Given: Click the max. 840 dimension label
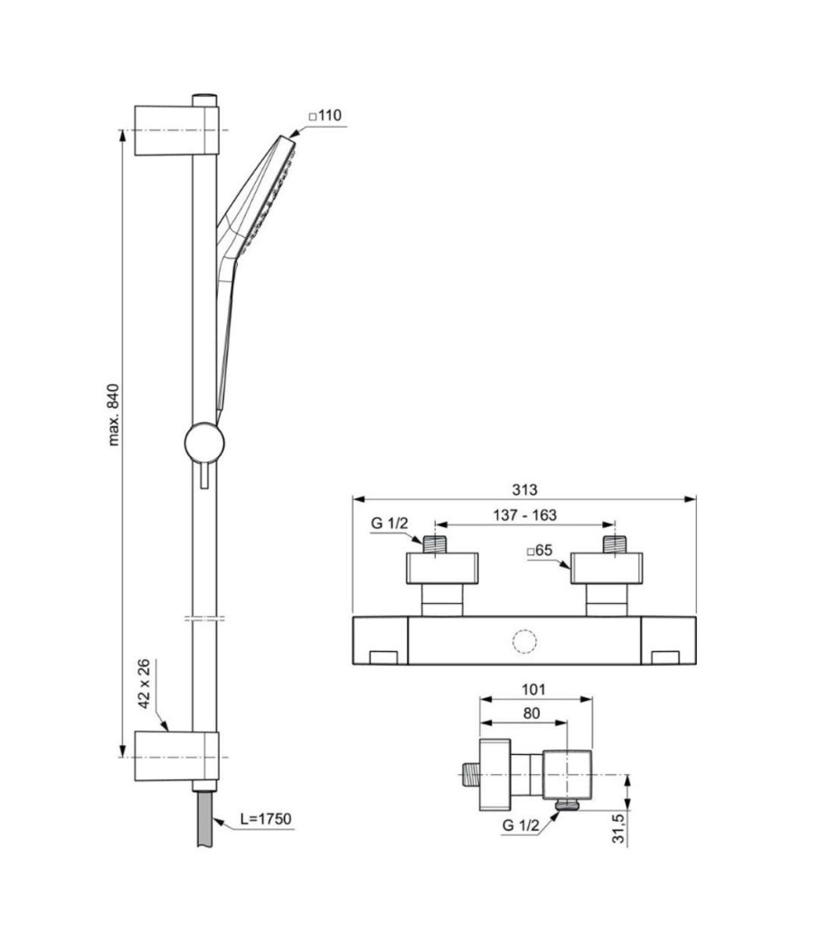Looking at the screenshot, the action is pos(114,414).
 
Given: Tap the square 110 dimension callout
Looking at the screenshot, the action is pos(325,115).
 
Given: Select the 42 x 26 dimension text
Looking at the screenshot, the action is pos(144,684).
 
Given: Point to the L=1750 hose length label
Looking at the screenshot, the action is pos(266,818).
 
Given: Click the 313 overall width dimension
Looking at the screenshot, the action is pos(524,489).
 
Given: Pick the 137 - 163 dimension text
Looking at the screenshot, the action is pos(525,515).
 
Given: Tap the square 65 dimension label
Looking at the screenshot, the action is pos(539,551).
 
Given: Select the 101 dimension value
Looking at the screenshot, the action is pos(533,689).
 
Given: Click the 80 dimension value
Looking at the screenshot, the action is pos(532,713).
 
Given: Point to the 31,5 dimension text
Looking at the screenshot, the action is pos(618,828).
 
